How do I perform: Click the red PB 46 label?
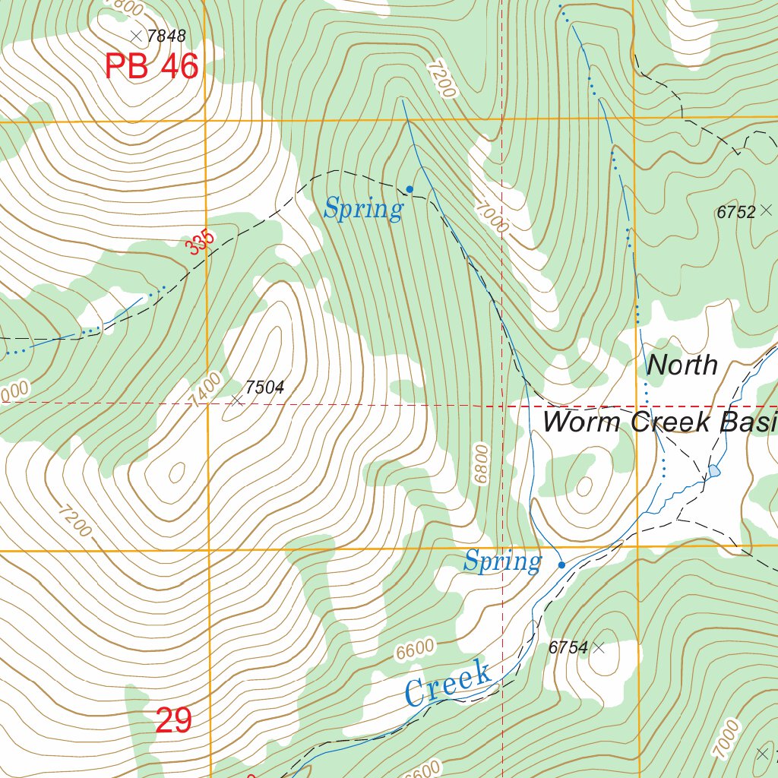click(151, 67)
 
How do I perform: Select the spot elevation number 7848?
click(166, 36)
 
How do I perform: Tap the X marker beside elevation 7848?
click(136, 36)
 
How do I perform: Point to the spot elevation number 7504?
click(264, 388)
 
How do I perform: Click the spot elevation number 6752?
click(735, 213)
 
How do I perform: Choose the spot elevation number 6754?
click(568, 648)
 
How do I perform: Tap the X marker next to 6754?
click(599, 647)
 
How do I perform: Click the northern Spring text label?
click(362, 208)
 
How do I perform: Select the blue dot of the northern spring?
click(410, 188)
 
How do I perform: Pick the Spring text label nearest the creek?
click(502, 562)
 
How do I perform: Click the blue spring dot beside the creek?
click(561, 565)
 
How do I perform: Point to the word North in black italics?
click(682, 365)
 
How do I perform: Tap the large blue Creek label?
click(448, 682)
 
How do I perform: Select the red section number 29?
click(173, 720)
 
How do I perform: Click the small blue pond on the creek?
click(713, 471)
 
